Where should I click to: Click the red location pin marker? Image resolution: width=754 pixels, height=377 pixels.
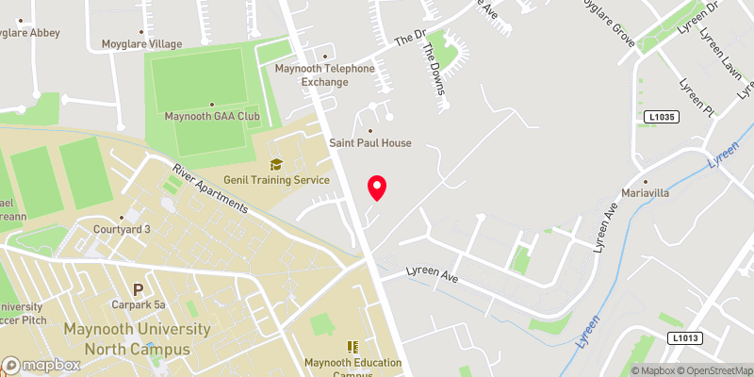coord(377,188)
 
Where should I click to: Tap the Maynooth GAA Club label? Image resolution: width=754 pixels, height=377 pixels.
coord(212,117)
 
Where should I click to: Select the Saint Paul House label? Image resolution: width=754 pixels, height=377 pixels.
coord(369,143)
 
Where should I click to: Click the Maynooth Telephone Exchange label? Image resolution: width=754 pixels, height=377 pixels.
coord(324,74)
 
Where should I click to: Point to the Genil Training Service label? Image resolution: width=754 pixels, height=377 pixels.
coord(275,179)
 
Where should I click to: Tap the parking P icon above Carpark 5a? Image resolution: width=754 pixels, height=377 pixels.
coord(139,288)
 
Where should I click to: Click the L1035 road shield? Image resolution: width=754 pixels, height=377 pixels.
coord(663,117)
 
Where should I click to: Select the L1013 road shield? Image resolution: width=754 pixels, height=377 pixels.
coord(687,337)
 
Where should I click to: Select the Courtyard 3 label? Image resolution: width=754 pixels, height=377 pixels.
coord(122,229)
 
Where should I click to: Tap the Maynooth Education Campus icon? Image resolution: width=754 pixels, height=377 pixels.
coord(352,347)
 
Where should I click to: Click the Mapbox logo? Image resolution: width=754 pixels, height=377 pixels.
coord(41,365)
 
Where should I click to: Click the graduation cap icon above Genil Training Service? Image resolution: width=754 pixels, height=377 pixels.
coord(275,164)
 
